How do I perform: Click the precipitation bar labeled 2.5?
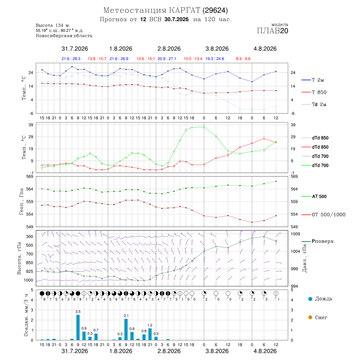[78, 327]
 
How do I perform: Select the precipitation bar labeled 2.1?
[126, 330]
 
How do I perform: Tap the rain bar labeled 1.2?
[150, 334]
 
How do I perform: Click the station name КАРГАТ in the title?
[184, 10]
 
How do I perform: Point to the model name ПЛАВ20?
[272, 31]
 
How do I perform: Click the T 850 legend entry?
[314, 92]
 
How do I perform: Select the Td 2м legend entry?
[314, 104]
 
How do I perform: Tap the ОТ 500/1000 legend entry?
[324, 215]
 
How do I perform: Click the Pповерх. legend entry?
[318, 241]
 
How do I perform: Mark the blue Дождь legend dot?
[310, 299]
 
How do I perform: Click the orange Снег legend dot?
[310, 317]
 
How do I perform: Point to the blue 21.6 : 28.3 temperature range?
[71, 59]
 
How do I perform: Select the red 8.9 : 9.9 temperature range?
[243, 59]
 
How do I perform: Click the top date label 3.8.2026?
[217, 49]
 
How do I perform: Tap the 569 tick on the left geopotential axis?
[30, 176]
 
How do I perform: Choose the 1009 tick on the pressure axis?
[296, 234]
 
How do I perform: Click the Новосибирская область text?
[64, 36]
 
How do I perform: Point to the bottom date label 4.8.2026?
[265, 351]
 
